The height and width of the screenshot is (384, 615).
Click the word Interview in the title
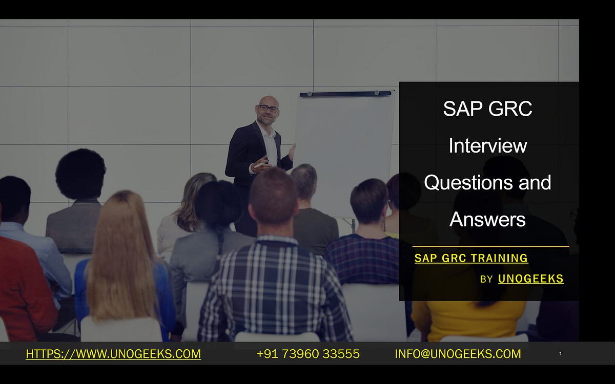pos(487,146)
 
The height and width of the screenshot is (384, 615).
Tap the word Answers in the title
pos(487,219)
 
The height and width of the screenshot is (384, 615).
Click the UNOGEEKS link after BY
pos(530,279)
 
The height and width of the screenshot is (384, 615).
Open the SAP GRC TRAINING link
pos(471,259)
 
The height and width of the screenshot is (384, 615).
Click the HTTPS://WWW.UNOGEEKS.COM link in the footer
pos(113,354)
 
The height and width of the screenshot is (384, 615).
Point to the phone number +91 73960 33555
pos(308,354)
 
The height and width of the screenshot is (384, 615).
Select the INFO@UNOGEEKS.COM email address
pos(458,354)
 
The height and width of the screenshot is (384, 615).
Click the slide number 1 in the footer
pos(561,353)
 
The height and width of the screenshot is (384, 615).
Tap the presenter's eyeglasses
pos(268,109)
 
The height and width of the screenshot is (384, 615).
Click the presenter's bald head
pos(268,100)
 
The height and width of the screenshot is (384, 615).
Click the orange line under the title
pos(490,247)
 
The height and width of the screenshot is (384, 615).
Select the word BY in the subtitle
pos(486,280)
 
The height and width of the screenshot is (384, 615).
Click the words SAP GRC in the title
pos(487,109)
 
